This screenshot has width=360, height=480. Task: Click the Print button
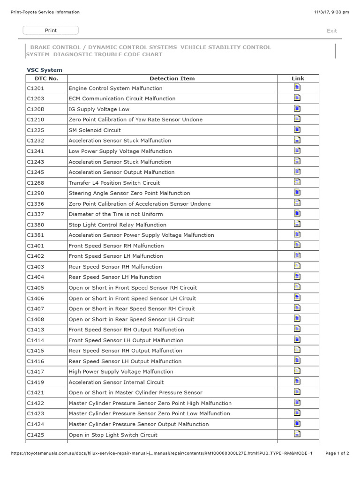coord(51,30)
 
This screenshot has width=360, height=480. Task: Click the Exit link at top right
coord(332,31)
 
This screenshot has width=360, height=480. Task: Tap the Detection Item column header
coord(172,78)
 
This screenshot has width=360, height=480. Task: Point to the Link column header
coord(298,78)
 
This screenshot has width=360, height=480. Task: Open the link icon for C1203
coord(297,98)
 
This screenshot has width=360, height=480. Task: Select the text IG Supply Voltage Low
coord(99,109)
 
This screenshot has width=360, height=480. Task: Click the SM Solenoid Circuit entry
coord(95,130)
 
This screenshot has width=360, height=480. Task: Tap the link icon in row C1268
coord(297,182)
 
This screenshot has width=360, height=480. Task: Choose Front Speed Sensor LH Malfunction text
coord(116,256)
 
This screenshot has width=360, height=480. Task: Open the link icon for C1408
coord(297,318)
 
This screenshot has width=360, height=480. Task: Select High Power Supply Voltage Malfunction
coord(121,372)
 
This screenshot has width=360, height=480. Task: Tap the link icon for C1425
coord(297,434)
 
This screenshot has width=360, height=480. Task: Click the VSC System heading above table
coord(44,70)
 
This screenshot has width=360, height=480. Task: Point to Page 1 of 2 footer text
coord(337,453)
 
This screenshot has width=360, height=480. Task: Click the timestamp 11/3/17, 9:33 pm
coord(332,12)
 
